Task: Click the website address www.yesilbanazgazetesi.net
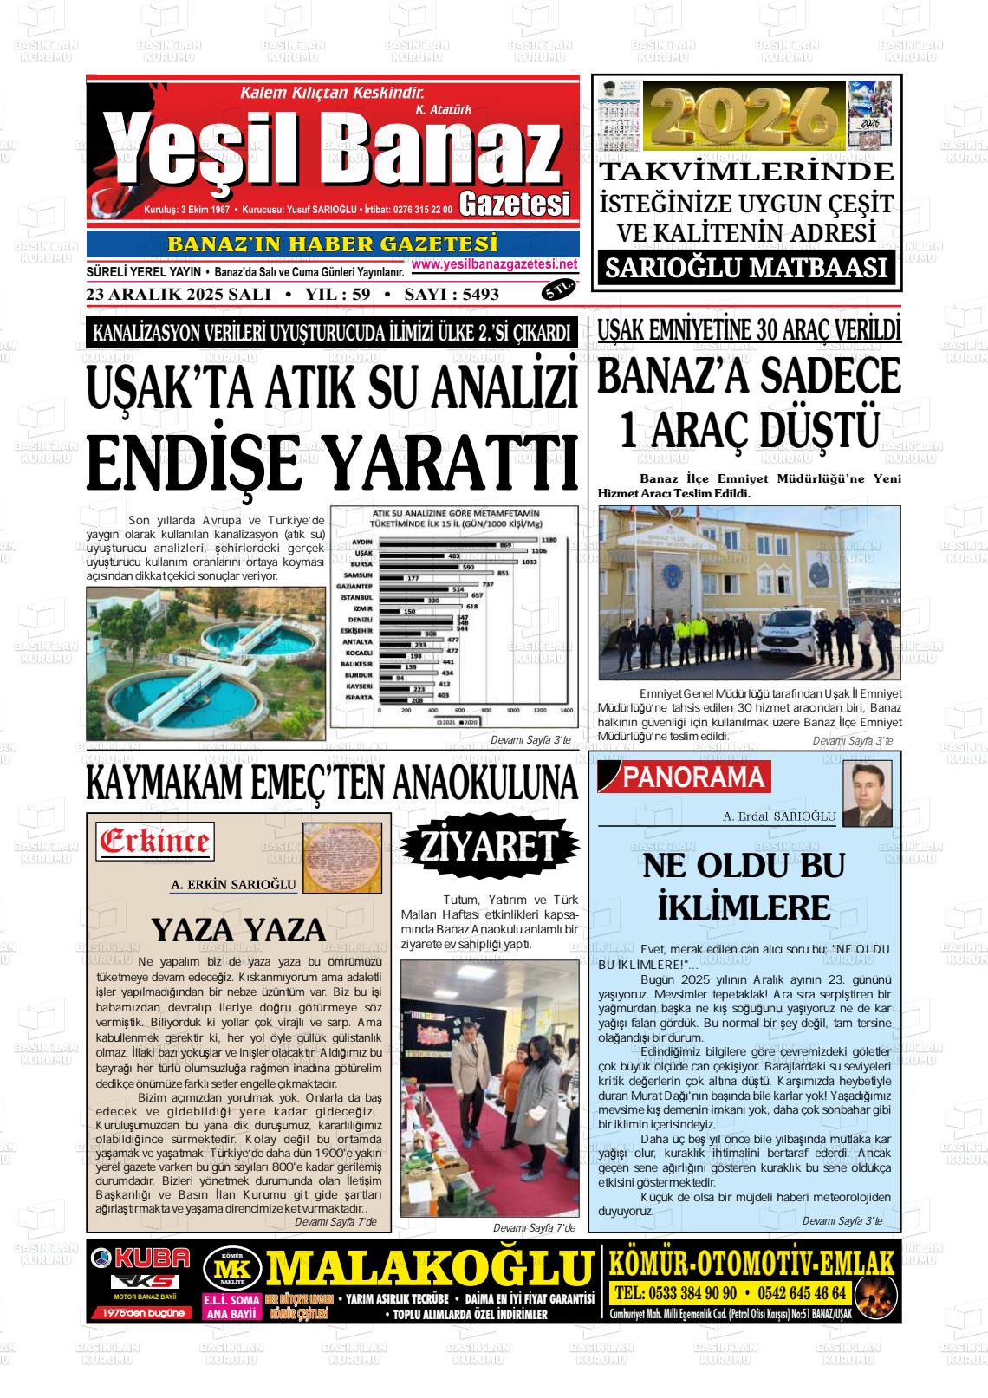pyautogui.click(x=494, y=264)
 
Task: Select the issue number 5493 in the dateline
pyautogui.click(x=481, y=294)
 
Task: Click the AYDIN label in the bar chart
pyautogui.click(x=362, y=542)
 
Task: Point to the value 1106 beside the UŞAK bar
pyautogui.click(x=538, y=551)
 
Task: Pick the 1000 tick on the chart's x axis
pyautogui.click(x=513, y=709)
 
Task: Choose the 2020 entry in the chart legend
pyautogui.click(x=469, y=721)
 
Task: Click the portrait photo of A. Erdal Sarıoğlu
pyautogui.click(x=868, y=793)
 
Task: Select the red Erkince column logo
pyautogui.click(x=155, y=841)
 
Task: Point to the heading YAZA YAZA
pyautogui.click(x=238, y=930)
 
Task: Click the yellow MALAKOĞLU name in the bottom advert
pyautogui.click(x=428, y=1270)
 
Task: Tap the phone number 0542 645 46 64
pyautogui.click(x=802, y=1293)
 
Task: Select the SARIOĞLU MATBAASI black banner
pyautogui.click(x=746, y=268)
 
